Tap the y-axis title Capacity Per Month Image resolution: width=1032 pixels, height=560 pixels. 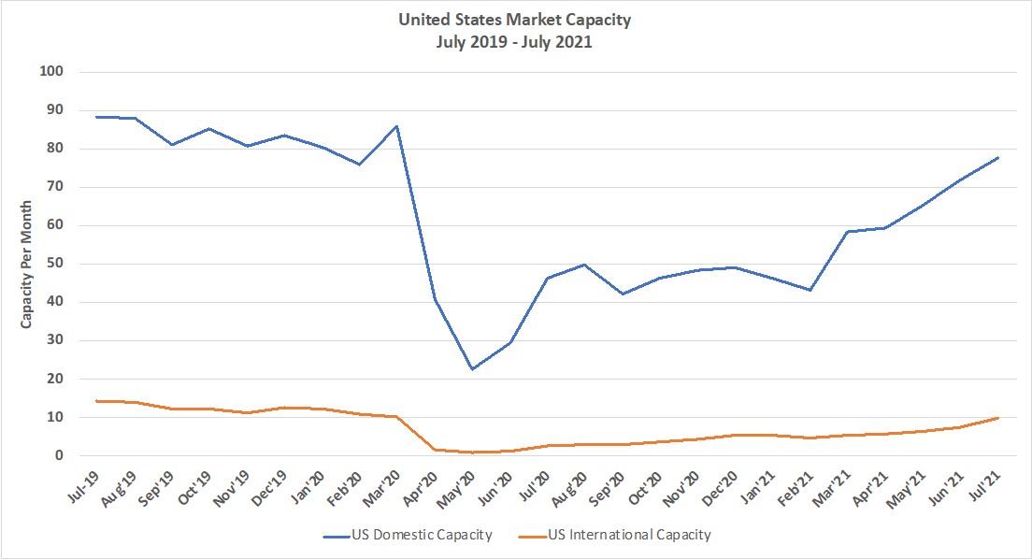[28, 265]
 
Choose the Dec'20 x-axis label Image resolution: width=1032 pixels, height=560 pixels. [726, 484]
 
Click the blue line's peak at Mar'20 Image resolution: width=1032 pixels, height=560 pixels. [397, 126]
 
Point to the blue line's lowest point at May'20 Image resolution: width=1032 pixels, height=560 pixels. [473, 369]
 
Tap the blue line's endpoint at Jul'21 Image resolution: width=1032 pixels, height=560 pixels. [999, 157]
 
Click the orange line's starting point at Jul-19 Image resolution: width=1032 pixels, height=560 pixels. [96, 401]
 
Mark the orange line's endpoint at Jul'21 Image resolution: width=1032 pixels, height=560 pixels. [999, 418]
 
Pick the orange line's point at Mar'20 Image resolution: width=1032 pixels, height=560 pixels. [397, 417]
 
